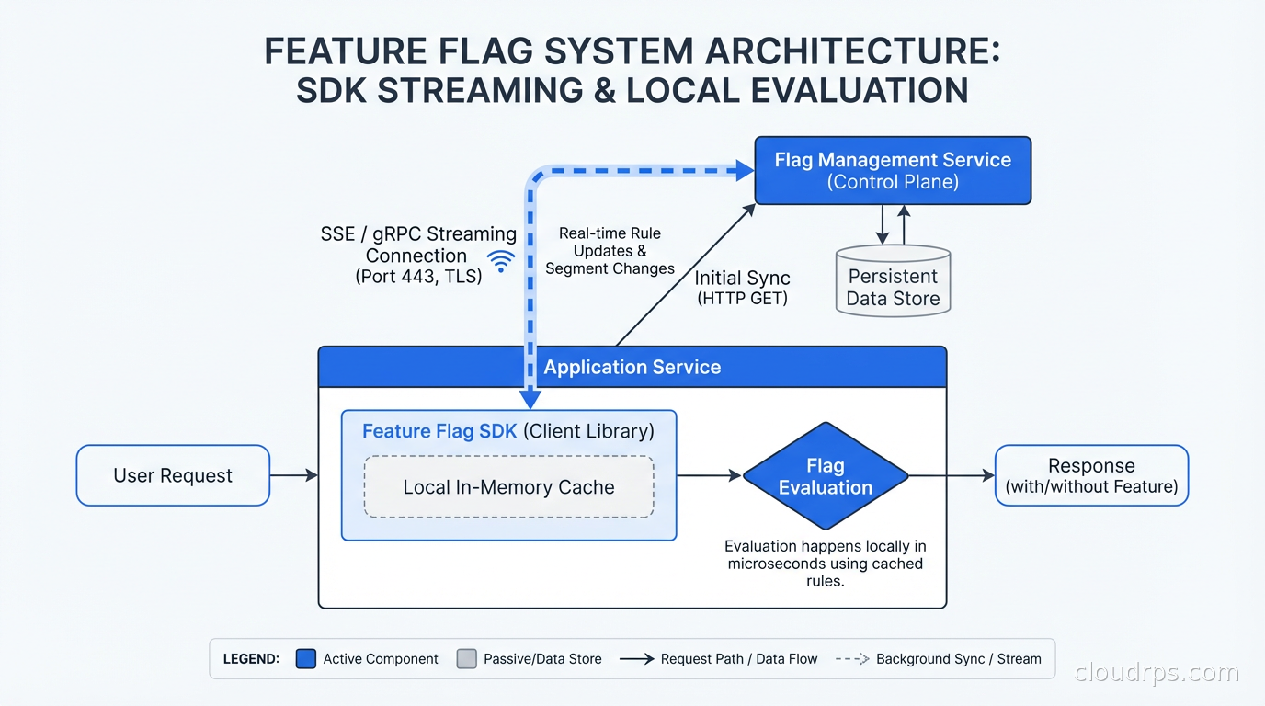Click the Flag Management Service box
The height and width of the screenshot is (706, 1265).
click(892, 170)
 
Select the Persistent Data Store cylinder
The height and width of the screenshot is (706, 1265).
click(893, 281)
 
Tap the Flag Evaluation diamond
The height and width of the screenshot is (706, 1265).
click(825, 476)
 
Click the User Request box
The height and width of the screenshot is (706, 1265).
click(173, 475)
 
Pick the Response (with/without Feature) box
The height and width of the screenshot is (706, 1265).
click(1091, 475)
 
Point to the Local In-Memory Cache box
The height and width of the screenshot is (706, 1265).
click(508, 487)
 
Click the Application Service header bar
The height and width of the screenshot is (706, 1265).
click(632, 367)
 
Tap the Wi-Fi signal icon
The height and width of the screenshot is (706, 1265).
click(501, 261)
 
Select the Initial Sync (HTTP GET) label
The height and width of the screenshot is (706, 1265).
click(742, 288)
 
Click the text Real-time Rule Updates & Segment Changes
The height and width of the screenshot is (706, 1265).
click(610, 251)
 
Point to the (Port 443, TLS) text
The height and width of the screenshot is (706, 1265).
click(418, 276)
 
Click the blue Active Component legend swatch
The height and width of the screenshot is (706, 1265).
click(306, 659)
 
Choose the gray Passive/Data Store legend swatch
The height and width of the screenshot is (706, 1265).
click(467, 659)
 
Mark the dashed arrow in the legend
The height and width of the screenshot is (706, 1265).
click(851, 659)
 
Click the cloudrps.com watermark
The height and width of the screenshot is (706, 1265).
click(1157, 673)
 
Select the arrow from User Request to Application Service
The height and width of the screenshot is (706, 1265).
click(293, 475)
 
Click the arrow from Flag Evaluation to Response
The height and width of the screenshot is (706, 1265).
click(951, 475)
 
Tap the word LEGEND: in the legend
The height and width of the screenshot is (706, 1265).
click(251, 659)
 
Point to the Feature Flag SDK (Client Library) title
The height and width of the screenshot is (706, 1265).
click(507, 431)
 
